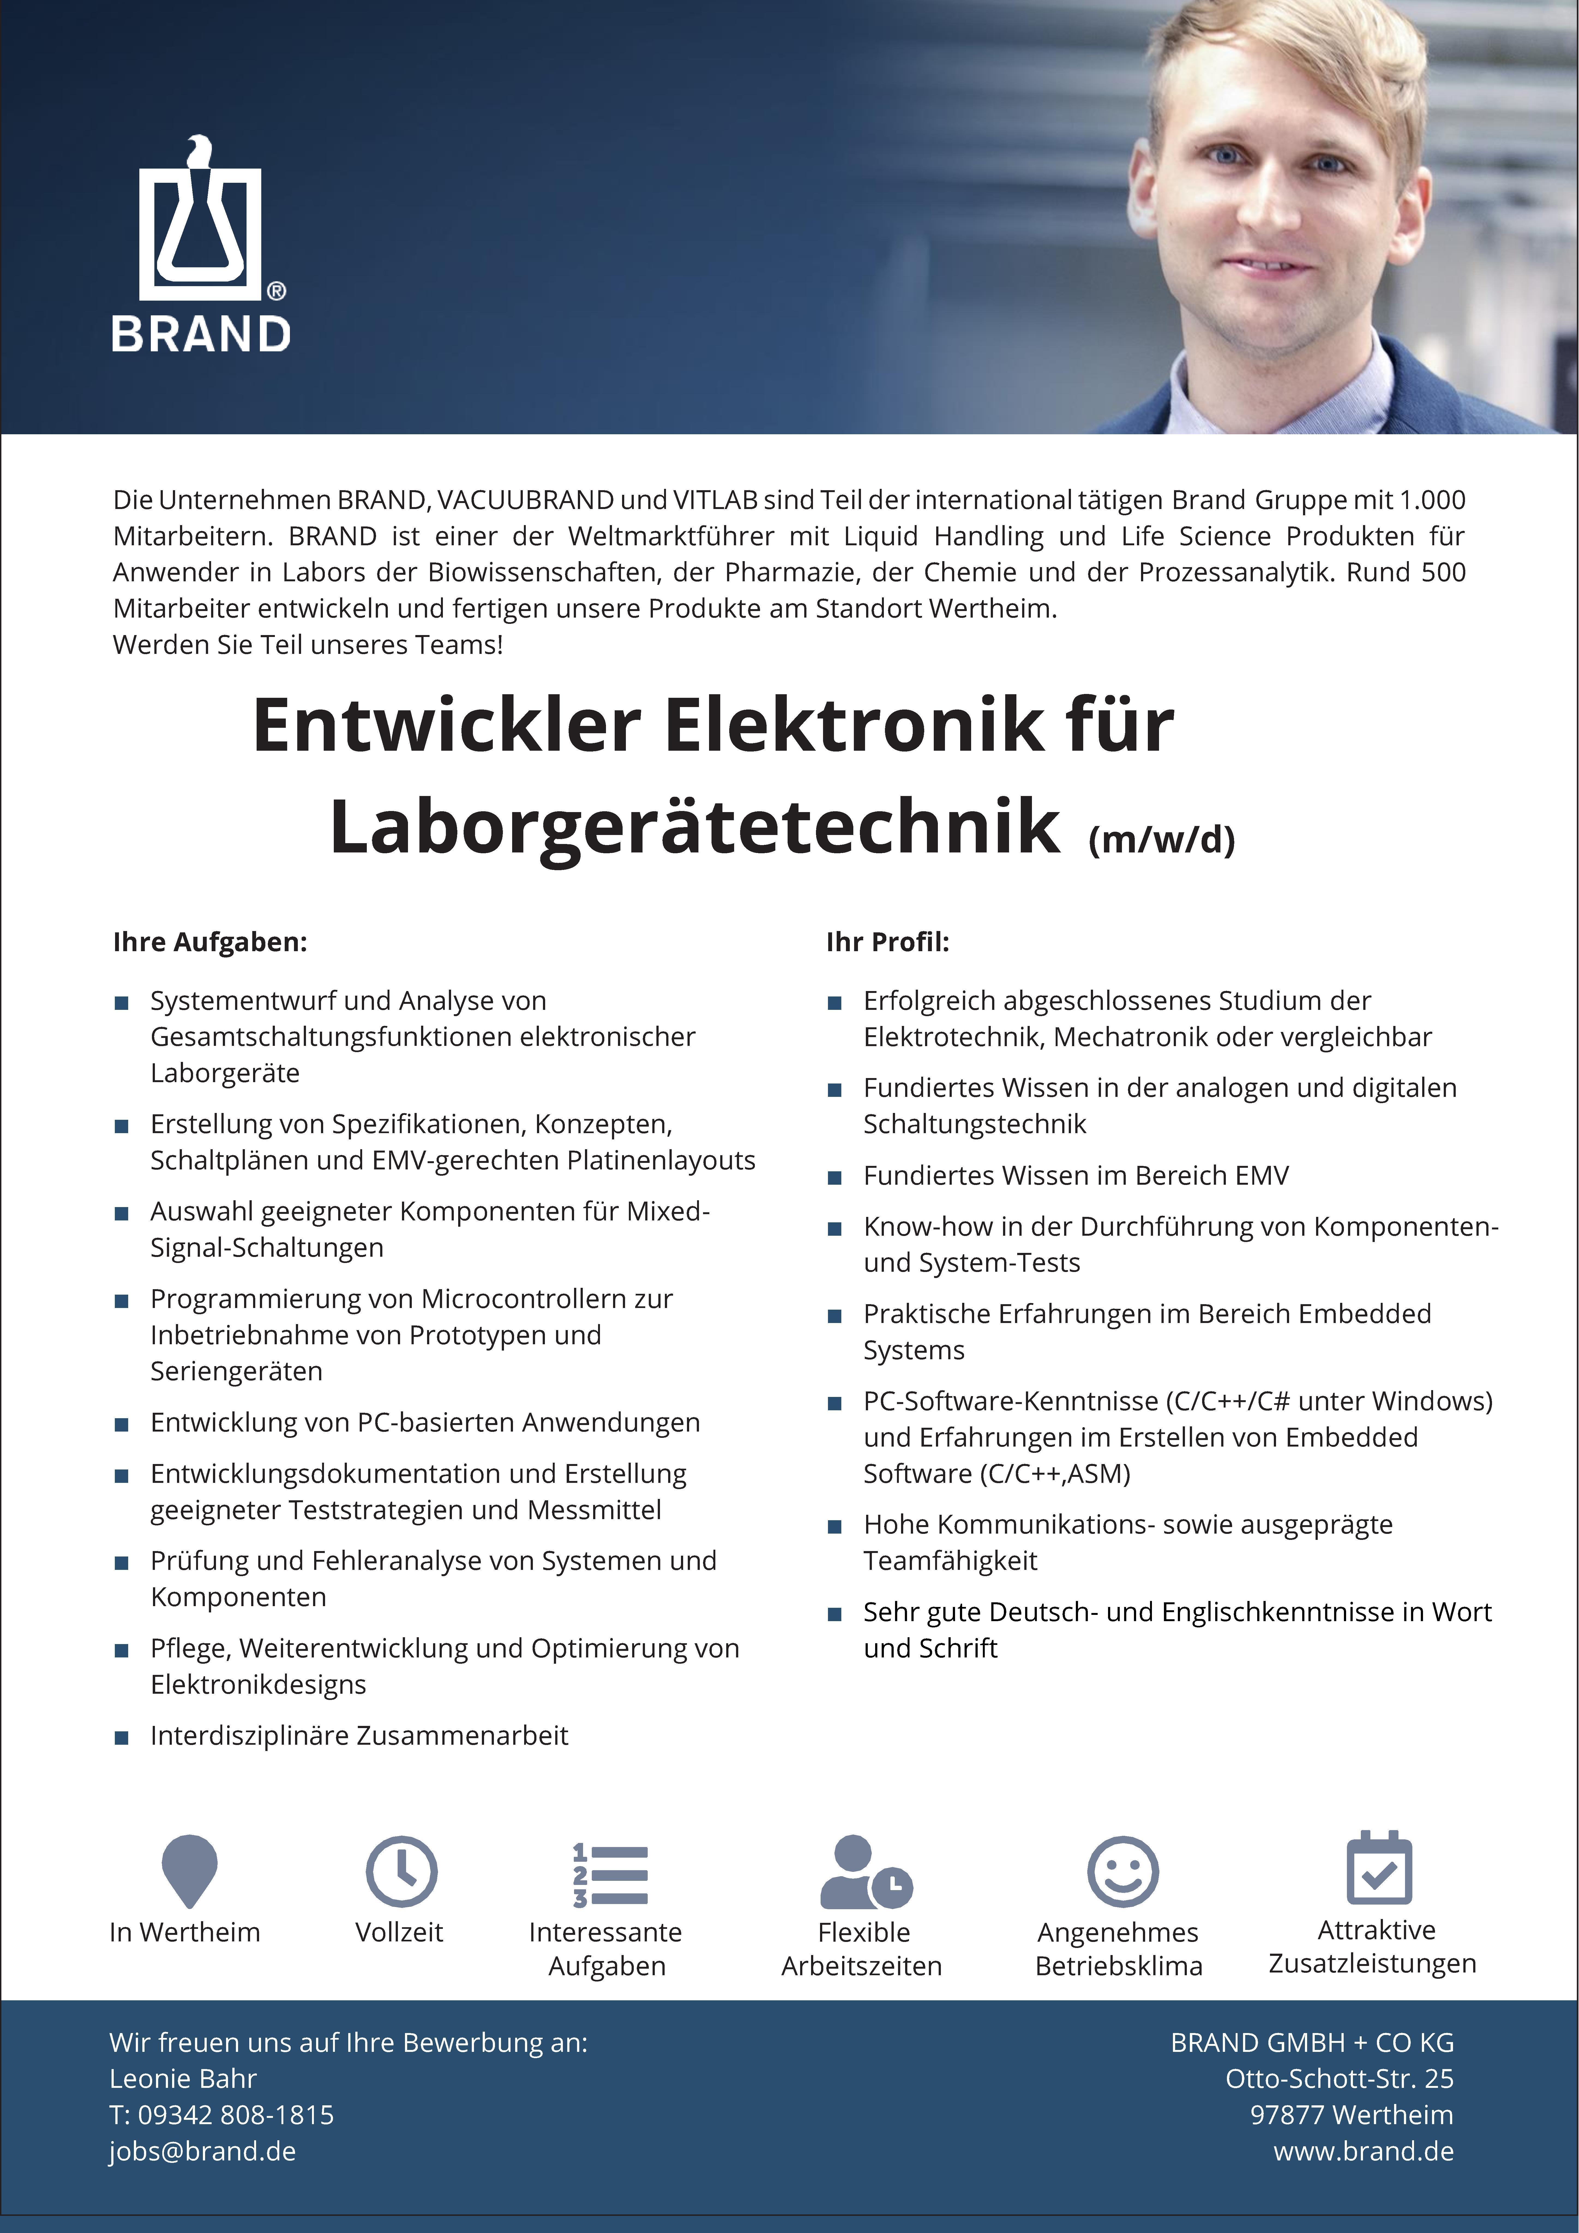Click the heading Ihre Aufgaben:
pyautogui.click(x=210, y=941)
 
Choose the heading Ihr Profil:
pyautogui.click(x=887, y=941)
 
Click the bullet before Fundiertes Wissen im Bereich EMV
pyautogui.click(x=834, y=1178)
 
